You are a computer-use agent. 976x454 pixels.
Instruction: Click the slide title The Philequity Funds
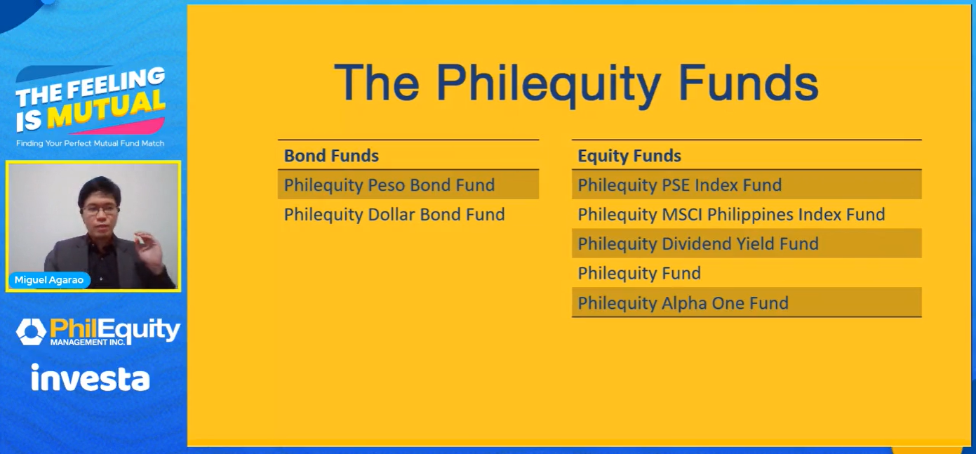pos(576,83)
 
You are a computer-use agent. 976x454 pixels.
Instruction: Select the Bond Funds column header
pos(331,156)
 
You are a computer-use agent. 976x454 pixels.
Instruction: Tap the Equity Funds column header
pos(629,156)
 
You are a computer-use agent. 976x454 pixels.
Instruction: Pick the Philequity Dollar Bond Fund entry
pos(394,214)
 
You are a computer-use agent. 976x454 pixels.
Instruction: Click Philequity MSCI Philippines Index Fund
pos(731,214)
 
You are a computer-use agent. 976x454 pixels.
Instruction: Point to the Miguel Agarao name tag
pos(49,280)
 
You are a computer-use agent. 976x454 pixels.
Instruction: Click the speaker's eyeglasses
pos(100,211)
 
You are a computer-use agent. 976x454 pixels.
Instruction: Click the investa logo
pos(91,378)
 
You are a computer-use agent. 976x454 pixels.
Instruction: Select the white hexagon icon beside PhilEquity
pos(31,332)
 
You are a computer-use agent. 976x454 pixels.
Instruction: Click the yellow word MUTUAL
pos(107,109)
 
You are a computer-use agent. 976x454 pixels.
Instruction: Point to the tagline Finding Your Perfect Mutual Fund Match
pos(91,143)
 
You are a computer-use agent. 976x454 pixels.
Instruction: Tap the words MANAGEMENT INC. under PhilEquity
pos(88,342)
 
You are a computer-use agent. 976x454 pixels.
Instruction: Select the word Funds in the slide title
pos(749,83)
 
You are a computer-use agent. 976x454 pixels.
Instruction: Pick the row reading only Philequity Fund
pos(639,274)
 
